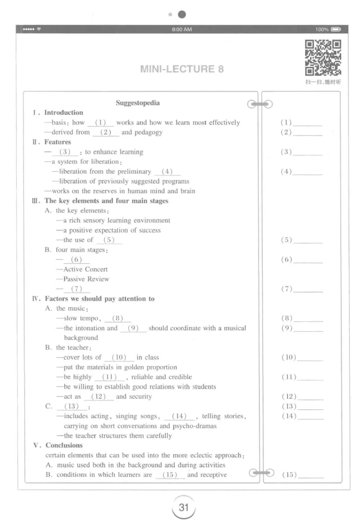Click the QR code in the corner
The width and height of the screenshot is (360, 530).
323,58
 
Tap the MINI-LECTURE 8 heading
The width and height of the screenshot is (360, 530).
182,69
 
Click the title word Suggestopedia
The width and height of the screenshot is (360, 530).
138,103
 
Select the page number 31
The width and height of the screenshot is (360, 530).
183,507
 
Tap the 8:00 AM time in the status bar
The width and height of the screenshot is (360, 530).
182,29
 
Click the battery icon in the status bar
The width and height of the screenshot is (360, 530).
336,29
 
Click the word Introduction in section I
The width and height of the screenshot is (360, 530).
63,113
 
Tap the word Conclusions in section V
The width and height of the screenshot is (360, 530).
64,445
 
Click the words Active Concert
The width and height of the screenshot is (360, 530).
85,269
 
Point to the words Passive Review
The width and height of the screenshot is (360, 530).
86,279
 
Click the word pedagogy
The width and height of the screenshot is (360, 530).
148,132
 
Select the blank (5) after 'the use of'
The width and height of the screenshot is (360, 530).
108,240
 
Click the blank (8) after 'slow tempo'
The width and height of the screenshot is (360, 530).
117,318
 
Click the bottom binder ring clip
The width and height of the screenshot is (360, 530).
261,473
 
